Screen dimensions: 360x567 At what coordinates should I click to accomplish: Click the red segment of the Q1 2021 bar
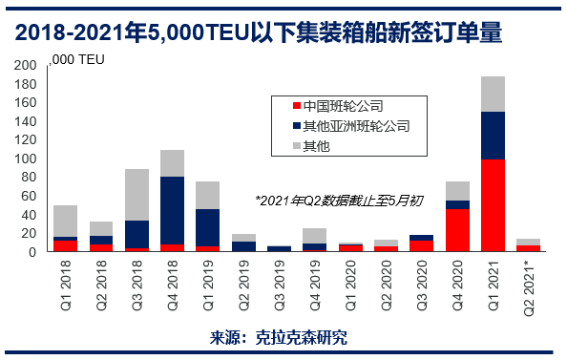(493, 205)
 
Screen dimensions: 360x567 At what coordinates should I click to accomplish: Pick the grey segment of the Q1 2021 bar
(493, 94)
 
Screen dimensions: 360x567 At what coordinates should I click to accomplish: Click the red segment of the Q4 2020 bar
(458, 230)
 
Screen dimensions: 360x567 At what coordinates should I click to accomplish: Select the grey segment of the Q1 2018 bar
(65, 221)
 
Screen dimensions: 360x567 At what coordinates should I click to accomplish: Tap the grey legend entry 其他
(316, 146)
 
